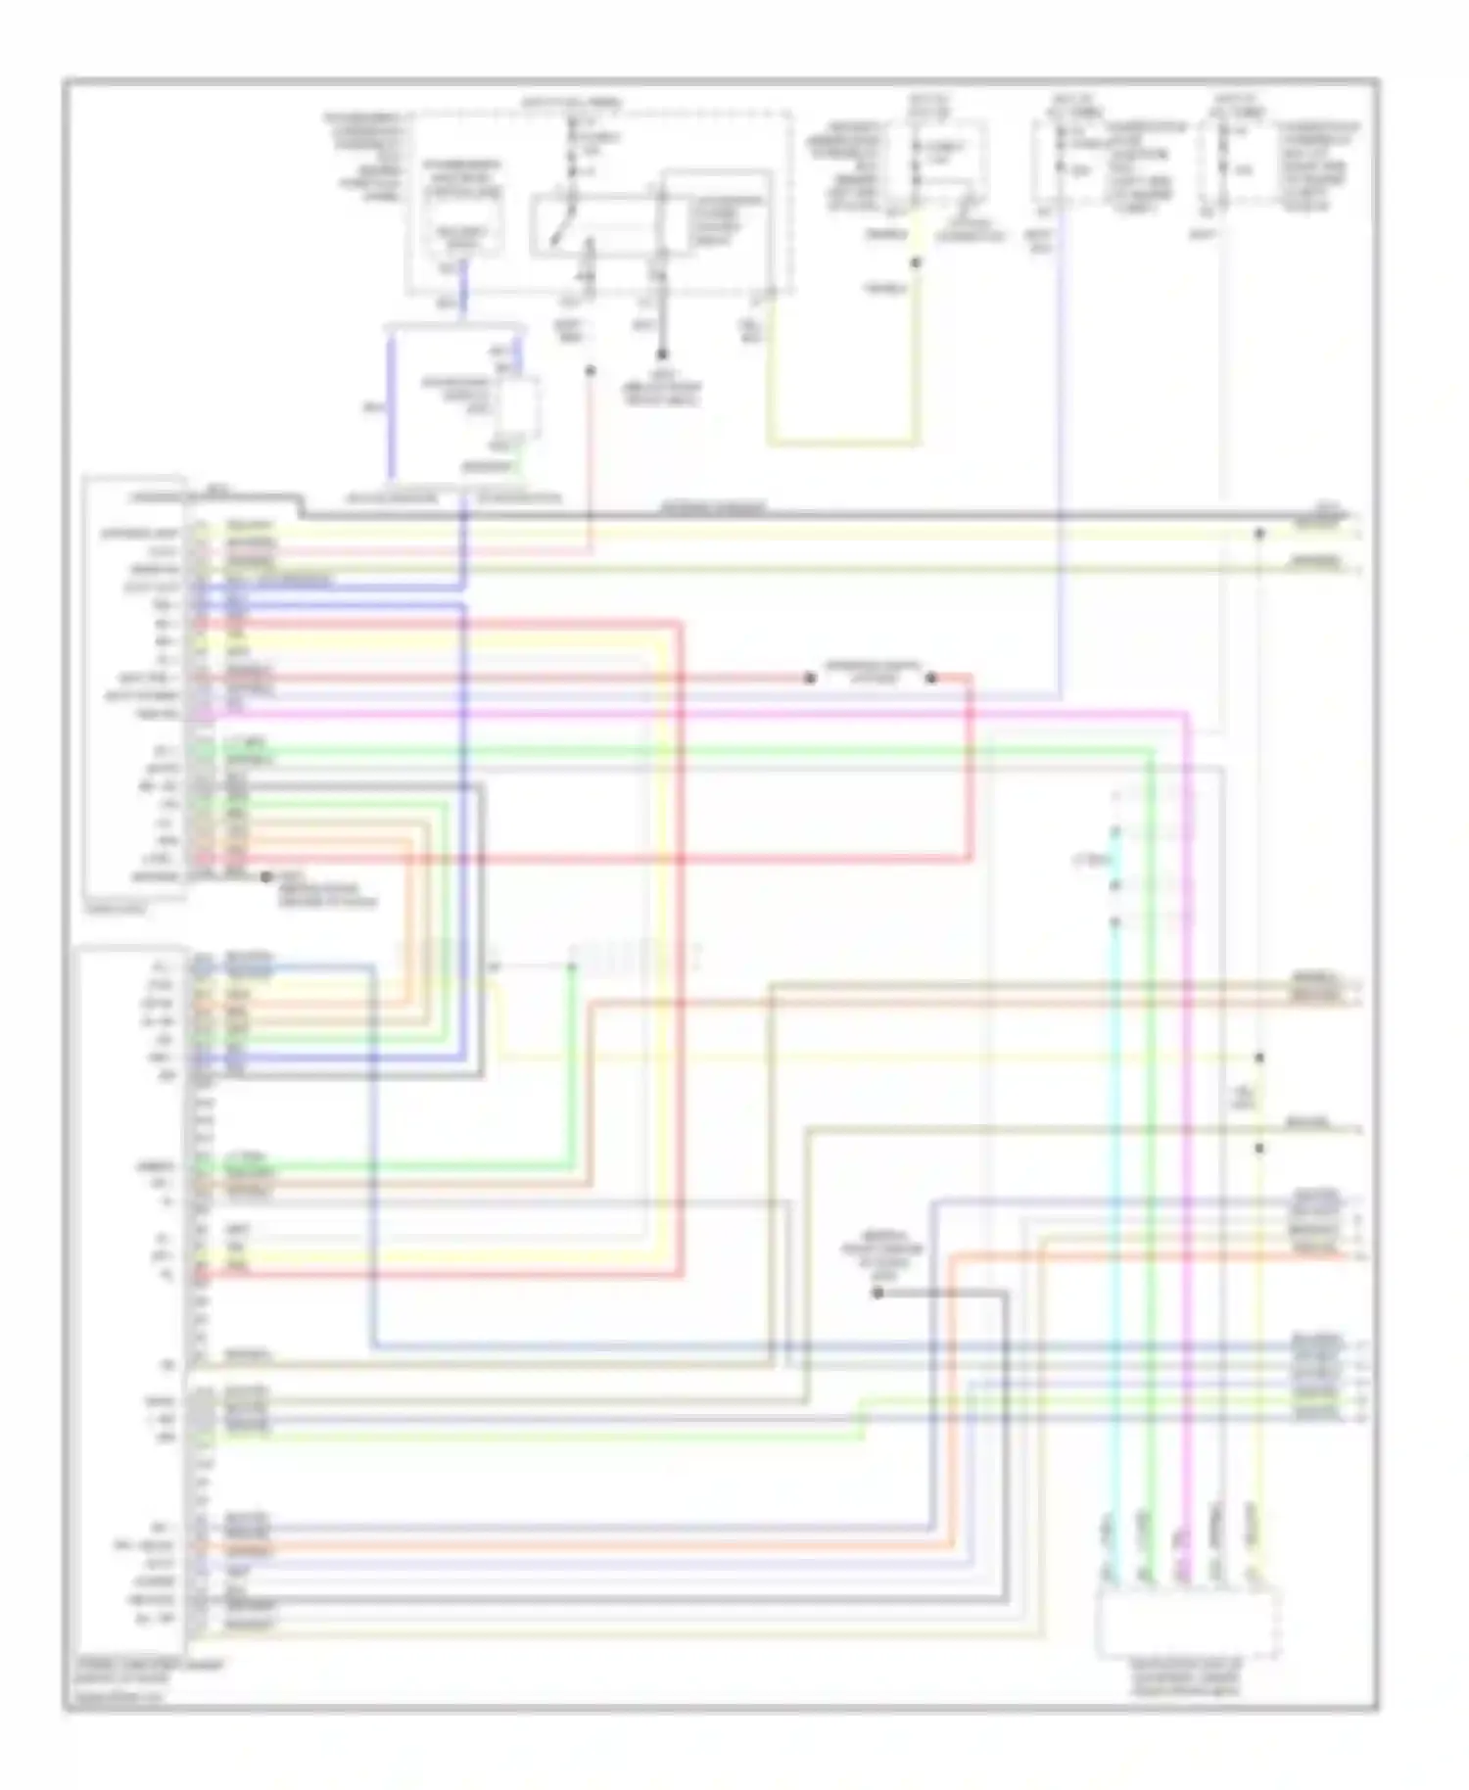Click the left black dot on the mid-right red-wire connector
click(810, 678)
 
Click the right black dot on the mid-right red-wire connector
click(931, 678)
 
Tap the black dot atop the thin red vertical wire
click(591, 371)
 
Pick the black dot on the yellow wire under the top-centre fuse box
click(916, 262)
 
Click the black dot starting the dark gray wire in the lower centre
click(878, 1294)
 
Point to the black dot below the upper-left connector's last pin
click(265, 877)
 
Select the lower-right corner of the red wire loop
click(971, 859)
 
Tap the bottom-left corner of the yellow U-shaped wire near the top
click(770, 444)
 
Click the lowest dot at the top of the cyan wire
click(1114, 921)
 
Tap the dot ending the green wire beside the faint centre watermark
click(572, 967)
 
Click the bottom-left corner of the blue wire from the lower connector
click(375, 1347)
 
